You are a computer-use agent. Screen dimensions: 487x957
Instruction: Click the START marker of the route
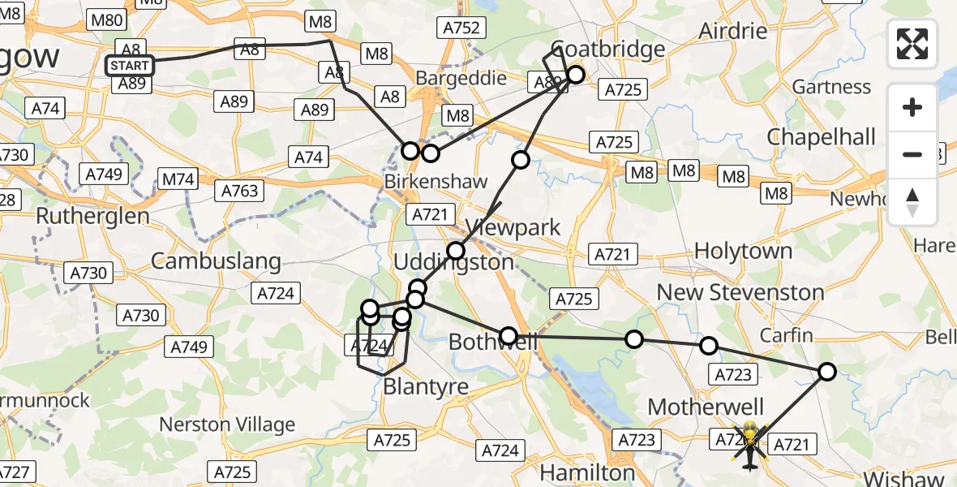(x=130, y=65)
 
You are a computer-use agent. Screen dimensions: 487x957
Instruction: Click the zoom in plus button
(x=912, y=107)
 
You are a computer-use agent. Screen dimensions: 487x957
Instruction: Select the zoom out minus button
(x=912, y=154)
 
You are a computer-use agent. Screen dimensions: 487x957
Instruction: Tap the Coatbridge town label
(x=608, y=49)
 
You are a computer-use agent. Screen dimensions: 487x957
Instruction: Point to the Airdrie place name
(x=732, y=32)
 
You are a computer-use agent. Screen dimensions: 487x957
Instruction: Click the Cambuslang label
(x=216, y=261)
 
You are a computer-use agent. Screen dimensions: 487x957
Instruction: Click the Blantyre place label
(x=426, y=387)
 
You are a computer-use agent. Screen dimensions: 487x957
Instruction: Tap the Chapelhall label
(x=822, y=136)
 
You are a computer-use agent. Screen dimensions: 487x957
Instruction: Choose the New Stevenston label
(x=740, y=292)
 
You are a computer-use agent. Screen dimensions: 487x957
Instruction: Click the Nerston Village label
(x=227, y=425)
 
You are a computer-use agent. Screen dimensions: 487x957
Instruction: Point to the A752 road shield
(x=462, y=28)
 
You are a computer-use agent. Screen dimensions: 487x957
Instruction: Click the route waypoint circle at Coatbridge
(x=575, y=75)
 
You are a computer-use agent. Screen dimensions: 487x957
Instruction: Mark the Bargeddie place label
(x=461, y=79)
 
